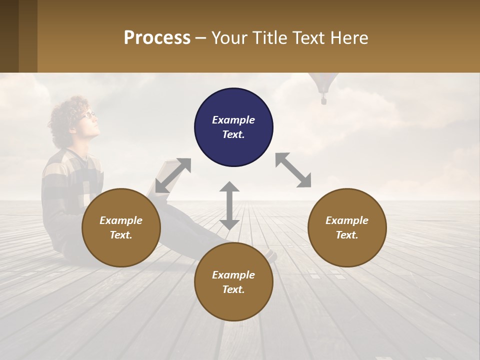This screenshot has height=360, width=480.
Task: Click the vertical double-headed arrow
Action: [229, 205]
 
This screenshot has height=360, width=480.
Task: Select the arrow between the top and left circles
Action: [173, 175]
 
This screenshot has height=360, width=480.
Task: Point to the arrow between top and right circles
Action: [293, 170]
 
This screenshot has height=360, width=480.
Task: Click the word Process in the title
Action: [157, 37]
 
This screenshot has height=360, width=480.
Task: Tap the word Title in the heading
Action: [270, 37]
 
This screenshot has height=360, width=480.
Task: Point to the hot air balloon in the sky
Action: [323, 85]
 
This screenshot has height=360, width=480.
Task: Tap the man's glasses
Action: [89, 115]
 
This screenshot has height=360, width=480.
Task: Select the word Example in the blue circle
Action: [233, 120]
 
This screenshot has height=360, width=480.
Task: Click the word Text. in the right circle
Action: [347, 235]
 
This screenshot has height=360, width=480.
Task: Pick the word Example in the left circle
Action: [121, 220]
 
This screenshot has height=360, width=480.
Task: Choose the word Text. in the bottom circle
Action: [233, 289]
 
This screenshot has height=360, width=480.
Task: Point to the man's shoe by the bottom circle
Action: [271, 255]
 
